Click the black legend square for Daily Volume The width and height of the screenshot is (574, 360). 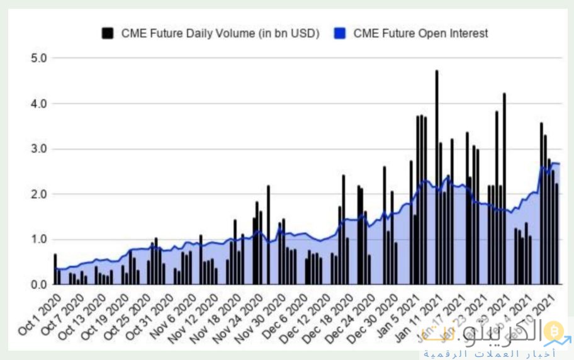(108, 33)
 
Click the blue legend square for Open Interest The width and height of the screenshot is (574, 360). (340, 33)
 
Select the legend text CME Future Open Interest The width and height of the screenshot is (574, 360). (420, 33)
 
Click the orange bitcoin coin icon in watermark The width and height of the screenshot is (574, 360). (554, 330)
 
